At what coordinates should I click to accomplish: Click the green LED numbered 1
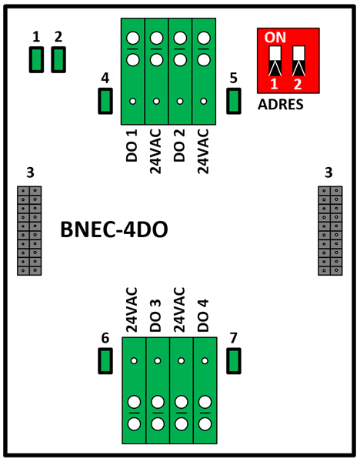point(36,59)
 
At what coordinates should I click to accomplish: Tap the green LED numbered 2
point(58,59)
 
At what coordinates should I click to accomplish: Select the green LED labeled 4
point(105,101)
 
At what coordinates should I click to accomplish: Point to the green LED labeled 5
point(234,101)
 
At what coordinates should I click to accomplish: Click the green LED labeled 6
point(105,361)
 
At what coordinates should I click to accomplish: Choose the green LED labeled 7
point(234,361)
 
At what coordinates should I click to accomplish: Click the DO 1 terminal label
point(132,146)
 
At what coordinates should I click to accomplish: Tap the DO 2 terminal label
point(179,146)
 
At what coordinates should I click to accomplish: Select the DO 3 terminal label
point(155,316)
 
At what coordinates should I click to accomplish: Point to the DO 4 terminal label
point(203,316)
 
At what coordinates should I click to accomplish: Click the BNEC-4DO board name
point(114,229)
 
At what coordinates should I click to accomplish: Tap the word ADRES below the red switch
point(281,104)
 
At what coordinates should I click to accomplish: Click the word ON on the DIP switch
point(275,37)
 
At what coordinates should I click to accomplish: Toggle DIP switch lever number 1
point(275,61)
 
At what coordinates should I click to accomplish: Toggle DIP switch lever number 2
point(298,61)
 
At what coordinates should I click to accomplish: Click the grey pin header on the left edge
point(29,231)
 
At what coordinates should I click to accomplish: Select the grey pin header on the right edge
point(330,231)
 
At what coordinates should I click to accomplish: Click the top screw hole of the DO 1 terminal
point(133,38)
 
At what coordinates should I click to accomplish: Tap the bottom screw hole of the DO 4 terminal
point(205,424)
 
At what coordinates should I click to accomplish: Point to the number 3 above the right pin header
point(328,173)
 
